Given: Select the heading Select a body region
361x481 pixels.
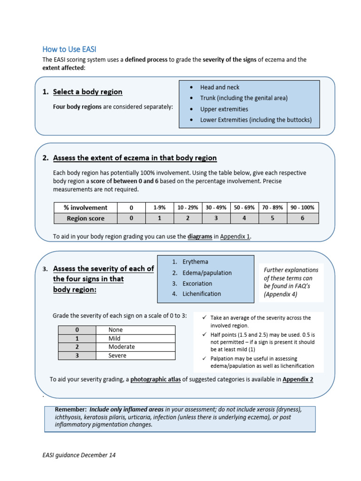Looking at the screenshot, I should click(x=87, y=92).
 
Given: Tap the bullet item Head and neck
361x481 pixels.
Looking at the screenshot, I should click(x=220, y=87).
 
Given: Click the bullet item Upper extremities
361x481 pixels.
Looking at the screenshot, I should click(x=224, y=109).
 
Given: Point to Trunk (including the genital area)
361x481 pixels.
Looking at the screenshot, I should click(x=243, y=98).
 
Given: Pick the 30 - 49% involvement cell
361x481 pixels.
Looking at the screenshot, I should click(x=216, y=208).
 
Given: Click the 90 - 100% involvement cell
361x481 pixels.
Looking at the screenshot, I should click(x=303, y=208).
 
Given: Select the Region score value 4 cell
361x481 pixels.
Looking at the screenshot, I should click(x=244, y=218).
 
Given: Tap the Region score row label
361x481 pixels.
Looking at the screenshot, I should click(x=86, y=218).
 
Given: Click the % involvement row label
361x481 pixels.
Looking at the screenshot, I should click(x=86, y=208).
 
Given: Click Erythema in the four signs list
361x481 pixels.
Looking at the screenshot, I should click(x=196, y=262).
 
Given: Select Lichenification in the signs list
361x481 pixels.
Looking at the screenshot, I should click(x=202, y=294).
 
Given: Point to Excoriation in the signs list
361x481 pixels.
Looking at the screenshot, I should click(x=198, y=283).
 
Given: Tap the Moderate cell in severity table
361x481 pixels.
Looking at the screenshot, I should click(x=121, y=347).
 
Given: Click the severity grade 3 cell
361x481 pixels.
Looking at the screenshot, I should click(x=77, y=356).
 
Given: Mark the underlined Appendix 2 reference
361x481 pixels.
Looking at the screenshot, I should click(x=298, y=380).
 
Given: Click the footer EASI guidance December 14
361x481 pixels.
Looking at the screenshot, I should click(x=79, y=455).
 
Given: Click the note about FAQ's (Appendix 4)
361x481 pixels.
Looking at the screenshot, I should click(x=291, y=282).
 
